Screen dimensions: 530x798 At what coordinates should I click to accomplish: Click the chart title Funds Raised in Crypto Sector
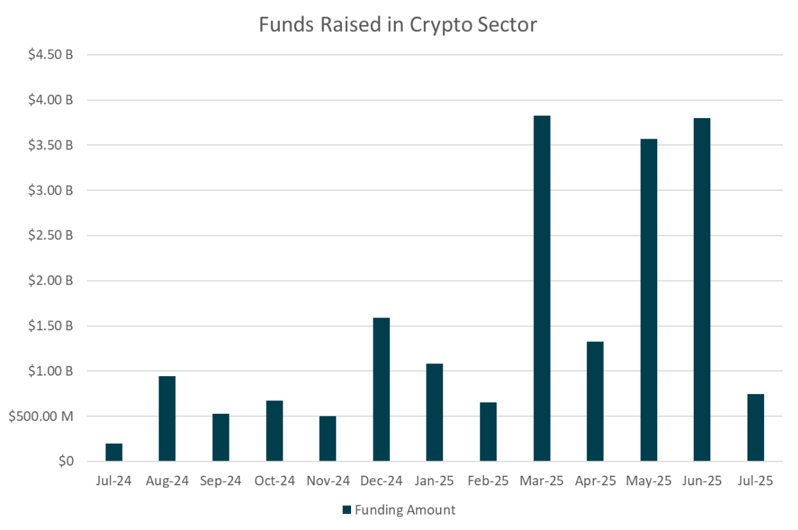pyautogui.click(x=398, y=25)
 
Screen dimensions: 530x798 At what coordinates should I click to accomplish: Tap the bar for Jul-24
pyautogui.click(x=114, y=452)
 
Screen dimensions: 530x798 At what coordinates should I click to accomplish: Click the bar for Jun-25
pyautogui.click(x=701, y=289)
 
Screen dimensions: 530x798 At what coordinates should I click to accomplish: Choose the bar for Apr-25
pyautogui.click(x=595, y=402)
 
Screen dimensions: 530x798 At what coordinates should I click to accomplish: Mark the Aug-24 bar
pyautogui.click(x=167, y=419)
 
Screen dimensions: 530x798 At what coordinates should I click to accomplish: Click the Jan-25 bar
pyautogui.click(x=435, y=413)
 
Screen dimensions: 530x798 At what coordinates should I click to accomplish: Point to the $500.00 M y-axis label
pyautogui.click(x=40, y=416)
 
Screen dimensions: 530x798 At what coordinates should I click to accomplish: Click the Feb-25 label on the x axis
pyautogui.click(x=488, y=481)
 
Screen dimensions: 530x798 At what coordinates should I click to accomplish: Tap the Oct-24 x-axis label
pyautogui.click(x=274, y=481)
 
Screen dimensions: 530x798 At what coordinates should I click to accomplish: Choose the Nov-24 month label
pyautogui.click(x=327, y=481)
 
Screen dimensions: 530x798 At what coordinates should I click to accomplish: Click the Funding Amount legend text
pyautogui.click(x=405, y=510)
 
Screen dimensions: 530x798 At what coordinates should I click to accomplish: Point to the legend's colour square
pyautogui.click(x=347, y=510)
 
